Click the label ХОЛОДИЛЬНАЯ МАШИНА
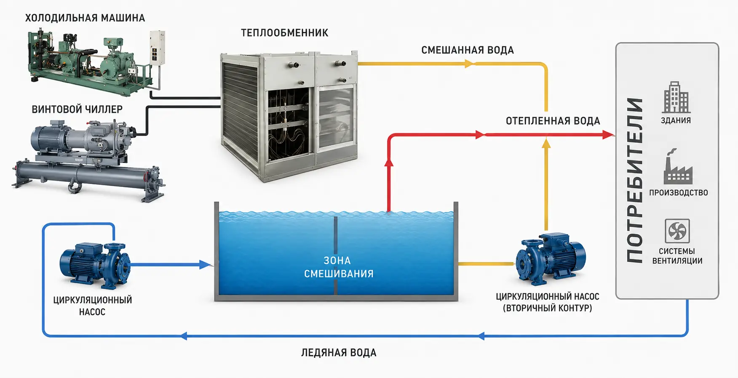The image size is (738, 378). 85,18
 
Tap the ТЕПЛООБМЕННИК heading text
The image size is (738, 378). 284,33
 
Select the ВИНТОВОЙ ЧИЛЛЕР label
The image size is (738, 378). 77,109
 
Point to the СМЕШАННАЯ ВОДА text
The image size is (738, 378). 468,50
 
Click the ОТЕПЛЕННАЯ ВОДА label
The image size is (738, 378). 553,121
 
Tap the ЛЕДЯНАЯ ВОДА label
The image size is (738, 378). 339,353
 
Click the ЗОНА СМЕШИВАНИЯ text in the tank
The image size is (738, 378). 339,267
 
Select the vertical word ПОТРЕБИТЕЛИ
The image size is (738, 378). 635,180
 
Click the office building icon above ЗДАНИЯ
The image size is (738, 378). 676,97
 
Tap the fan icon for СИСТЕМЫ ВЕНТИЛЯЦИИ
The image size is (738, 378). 677,231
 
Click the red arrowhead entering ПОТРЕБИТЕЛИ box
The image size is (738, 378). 608,135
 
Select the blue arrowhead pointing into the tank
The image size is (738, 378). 205,265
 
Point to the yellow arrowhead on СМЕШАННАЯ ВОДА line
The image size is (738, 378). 470,64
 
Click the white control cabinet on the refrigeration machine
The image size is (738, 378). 157,48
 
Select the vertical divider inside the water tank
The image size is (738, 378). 336,256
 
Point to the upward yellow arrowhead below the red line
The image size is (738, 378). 546,144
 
